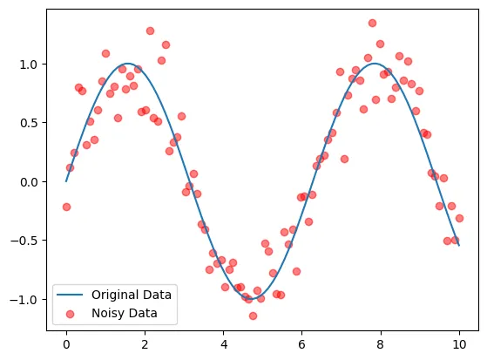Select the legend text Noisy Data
tap(124, 311)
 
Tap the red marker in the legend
tap(72, 311)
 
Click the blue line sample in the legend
tap(72, 294)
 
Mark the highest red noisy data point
tap(372, 23)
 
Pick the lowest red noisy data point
tap(253, 316)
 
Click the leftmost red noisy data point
tap(66, 207)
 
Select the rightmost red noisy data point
tap(459, 218)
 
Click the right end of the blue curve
tap(459, 245)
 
